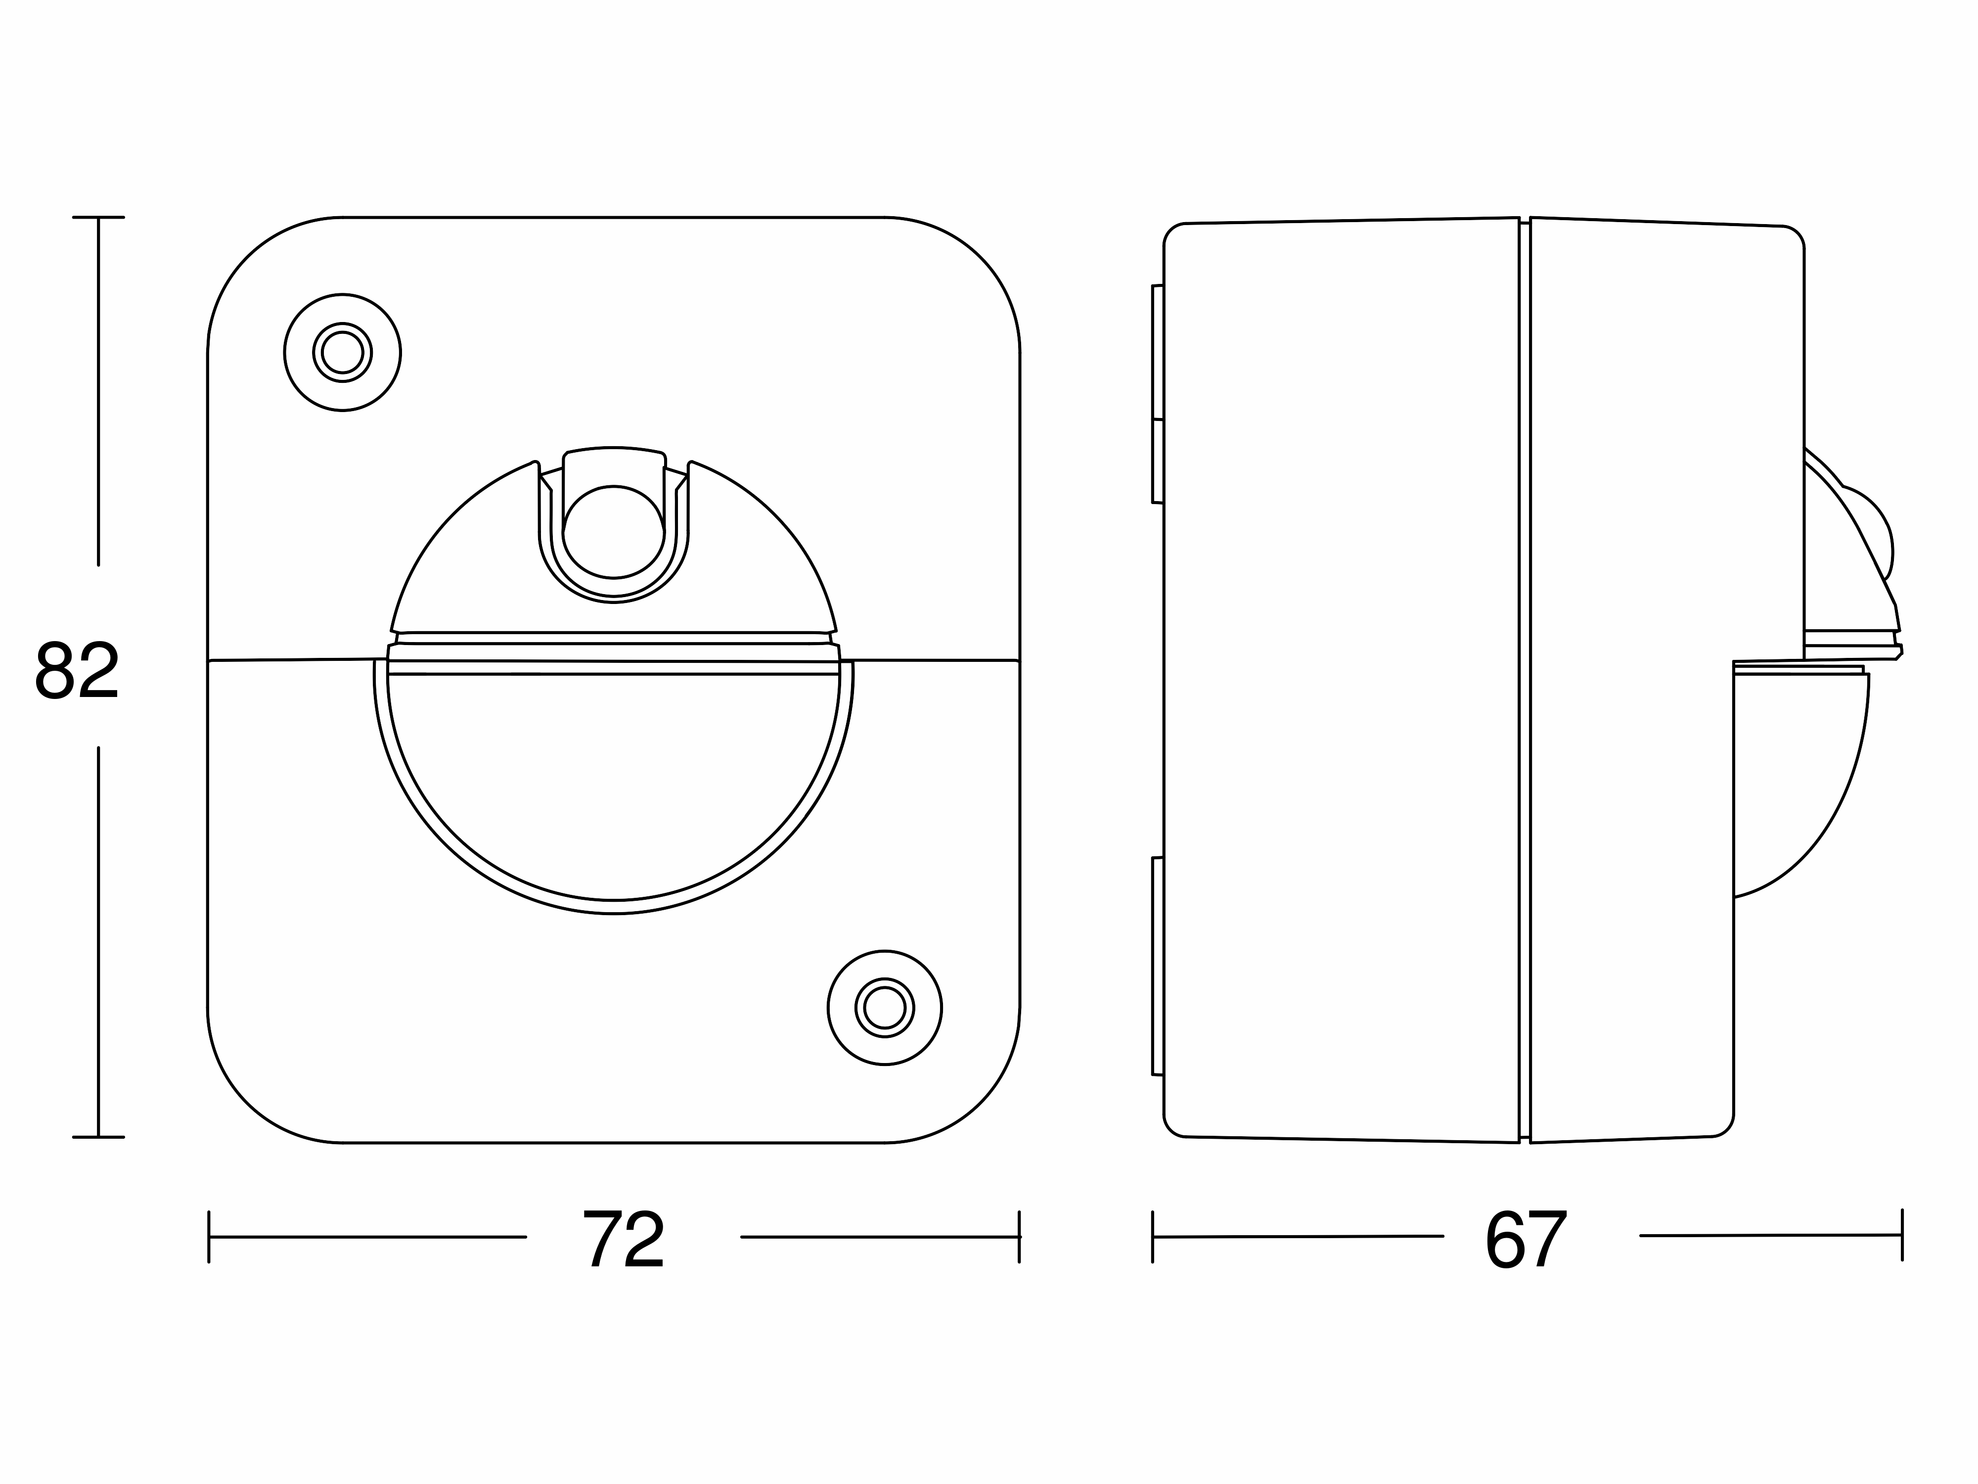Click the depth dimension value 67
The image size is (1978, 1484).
(1526, 1239)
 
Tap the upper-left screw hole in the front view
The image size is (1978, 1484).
(343, 352)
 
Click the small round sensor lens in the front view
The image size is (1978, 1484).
(614, 531)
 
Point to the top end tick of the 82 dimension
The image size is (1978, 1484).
(98, 217)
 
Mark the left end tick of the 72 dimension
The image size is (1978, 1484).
(208, 1237)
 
